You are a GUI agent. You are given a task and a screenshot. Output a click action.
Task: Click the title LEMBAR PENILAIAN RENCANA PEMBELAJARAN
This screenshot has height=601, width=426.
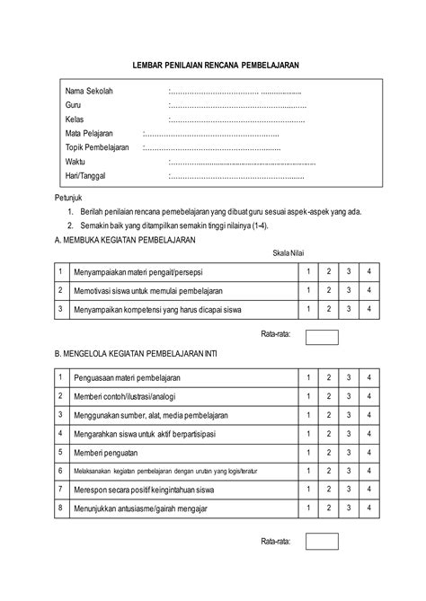click(x=215, y=66)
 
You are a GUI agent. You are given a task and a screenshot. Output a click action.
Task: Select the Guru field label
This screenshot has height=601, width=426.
click(x=74, y=105)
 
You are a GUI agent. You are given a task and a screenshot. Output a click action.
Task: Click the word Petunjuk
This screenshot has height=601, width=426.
click(x=69, y=196)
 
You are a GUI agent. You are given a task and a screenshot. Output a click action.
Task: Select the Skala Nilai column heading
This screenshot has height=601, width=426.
click(x=289, y=253)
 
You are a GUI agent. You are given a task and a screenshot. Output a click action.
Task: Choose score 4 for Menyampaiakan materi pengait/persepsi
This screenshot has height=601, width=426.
click(x=368, y=271)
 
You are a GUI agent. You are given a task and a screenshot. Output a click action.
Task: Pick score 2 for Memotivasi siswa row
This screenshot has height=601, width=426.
click(x=328, y=290)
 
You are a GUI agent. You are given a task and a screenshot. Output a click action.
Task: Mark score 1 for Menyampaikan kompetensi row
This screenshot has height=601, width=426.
click(x=308, y=309)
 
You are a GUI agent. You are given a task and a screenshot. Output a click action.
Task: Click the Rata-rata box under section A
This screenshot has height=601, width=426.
click(x=322, y=337)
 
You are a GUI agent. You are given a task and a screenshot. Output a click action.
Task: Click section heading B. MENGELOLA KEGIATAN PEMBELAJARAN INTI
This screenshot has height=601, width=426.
click(x=136, y=354)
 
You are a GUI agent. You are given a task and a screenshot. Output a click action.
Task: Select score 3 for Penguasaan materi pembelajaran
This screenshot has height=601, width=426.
click(x=349, y=376)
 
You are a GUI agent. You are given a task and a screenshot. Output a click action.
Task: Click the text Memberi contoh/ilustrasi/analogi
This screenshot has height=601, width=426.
click(x=126, y=396)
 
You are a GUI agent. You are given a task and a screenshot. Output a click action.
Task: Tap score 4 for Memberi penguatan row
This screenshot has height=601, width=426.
click(x=368, y=451)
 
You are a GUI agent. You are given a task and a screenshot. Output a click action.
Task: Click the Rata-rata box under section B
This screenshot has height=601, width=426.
click(x=322, y=542)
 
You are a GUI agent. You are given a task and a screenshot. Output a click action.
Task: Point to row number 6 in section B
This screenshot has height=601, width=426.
click(x=59, y=470)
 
